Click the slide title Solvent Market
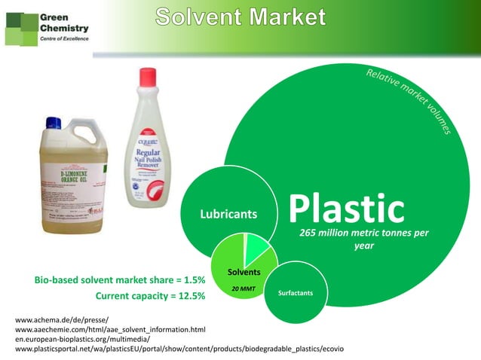(242, 17)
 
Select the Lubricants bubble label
(227, 215)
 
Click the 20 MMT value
(243, 288)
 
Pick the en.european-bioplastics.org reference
(83, 340)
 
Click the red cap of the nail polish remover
(149, 79)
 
